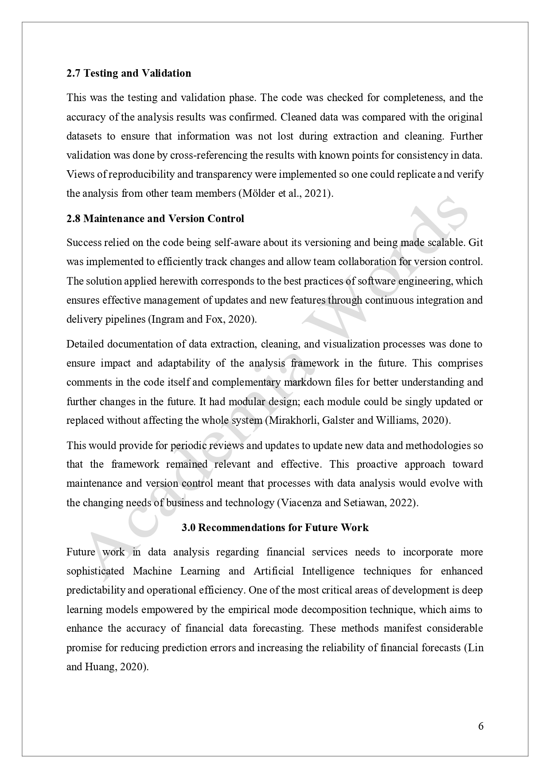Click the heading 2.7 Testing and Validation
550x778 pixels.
tap(129, 73)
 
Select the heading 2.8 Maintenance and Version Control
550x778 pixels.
tap(155, 219)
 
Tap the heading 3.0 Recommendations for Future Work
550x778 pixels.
tap(275, 528)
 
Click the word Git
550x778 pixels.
tap(476, 242)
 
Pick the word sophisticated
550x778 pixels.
tap(95, 571)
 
